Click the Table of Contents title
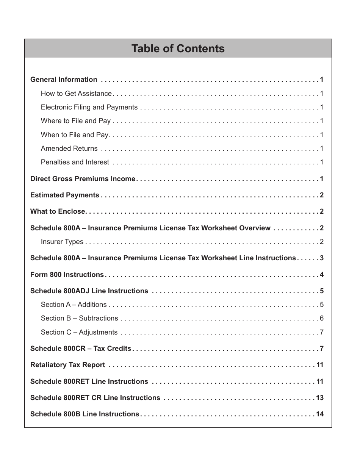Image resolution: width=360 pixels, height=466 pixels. (x=178, y=49)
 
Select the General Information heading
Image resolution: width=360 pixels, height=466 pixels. (x=64, y=80)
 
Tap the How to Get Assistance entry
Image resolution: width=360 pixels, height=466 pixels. (x=76, y=94)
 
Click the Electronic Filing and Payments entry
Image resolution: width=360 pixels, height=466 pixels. (x=89, y=107)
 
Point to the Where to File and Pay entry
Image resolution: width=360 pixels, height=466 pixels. (x=76, y=121)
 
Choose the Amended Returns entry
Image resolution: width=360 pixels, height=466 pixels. (x=69, y=149)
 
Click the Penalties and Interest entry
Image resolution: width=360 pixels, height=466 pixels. (x=75, y=162)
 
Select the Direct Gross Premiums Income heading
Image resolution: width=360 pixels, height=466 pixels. (x=83, y=179)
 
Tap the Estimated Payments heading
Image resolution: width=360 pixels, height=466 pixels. (x=64, y=195)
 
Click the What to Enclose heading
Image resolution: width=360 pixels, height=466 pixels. (x=58, y=211)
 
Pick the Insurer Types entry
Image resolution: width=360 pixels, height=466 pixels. (x=62, y=242)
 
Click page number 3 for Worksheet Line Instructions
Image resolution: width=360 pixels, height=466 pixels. (x=322, y=258)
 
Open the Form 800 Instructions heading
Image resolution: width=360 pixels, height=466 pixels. (x=67, y=275)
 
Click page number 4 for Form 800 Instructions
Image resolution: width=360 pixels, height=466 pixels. (x=322, y=275)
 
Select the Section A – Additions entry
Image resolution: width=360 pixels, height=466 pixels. (x=74, y=305)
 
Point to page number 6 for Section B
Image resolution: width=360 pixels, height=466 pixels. (x=322, y=318)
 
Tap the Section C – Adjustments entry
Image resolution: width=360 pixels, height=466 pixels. (x=79, y=332)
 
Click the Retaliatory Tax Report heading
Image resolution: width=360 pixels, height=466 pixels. (x=67, y=365)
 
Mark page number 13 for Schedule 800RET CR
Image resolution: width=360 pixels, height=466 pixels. (x=320, y=398)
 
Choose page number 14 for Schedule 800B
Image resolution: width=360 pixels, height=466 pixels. (x=320, y=414)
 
